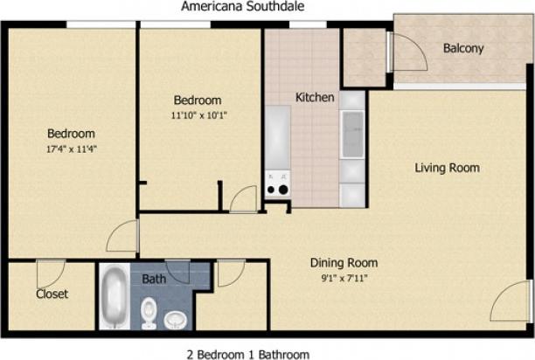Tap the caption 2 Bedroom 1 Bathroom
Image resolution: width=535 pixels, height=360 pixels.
coord(247,353)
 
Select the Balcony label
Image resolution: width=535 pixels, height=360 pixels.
coord(462,49)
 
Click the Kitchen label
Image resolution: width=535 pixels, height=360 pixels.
coord(314,97)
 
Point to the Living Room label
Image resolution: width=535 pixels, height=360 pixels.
coord(447,168)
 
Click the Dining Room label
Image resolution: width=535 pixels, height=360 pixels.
coord(344,262)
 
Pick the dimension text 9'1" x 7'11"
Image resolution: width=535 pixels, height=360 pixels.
coord(344,278)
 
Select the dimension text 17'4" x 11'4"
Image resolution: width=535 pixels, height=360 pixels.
coord(71,149)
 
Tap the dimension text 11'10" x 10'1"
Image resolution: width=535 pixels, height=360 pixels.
coord(198,114)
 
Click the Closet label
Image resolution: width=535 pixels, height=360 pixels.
coord(52,294)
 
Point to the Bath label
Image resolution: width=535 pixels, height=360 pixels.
coord(154,280)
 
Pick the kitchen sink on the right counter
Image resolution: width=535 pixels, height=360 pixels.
coord(352,135)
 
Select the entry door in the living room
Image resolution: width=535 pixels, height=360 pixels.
coord(511,303)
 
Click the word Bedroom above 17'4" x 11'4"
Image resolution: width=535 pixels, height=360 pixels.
coord(71,134)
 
